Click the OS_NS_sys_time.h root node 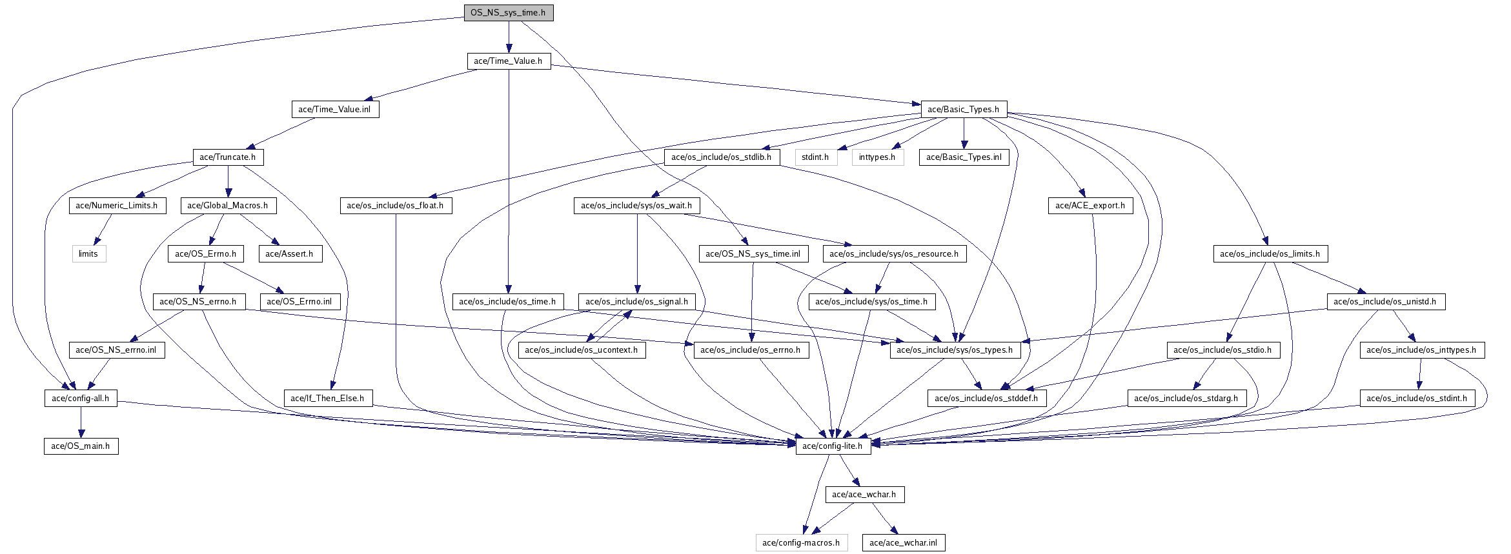(508, 13)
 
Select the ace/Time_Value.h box (508, 61)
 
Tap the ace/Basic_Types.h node (963, 110)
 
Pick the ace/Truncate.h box (227, 157)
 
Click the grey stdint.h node (815, 157)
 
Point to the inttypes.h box (877, 157)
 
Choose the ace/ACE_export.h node (1090, 206)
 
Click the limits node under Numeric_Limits (88, 254)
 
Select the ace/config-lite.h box (832, 446)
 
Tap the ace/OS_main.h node (81, 446)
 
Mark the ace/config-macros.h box (801, 543)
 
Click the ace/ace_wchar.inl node (903, 543)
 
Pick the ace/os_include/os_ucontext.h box (581, 350)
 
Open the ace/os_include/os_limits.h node (1270, 254)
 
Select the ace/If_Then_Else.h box (327, 399)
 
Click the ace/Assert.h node (289, 254)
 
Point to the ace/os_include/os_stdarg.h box (1186, 399)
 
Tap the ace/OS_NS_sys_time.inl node (753, 254)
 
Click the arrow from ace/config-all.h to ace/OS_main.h (81, 422)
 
